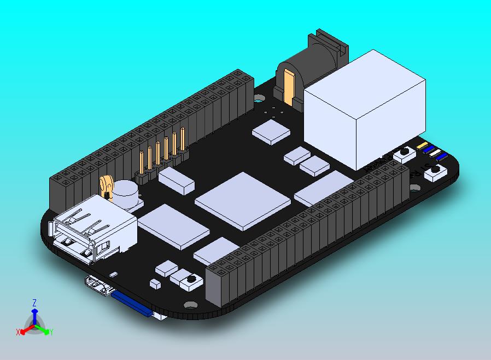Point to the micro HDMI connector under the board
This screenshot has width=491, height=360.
tap(98, 287)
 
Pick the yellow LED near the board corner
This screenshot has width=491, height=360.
tap(422, 146)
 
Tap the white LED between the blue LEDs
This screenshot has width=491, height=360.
tap(436, 153)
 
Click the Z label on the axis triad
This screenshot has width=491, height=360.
tap(34, 303)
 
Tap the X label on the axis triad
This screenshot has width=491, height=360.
tap(18, 332)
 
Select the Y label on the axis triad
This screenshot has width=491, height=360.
tap(51, 332)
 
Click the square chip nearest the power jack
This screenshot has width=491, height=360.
tap(271, 131)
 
